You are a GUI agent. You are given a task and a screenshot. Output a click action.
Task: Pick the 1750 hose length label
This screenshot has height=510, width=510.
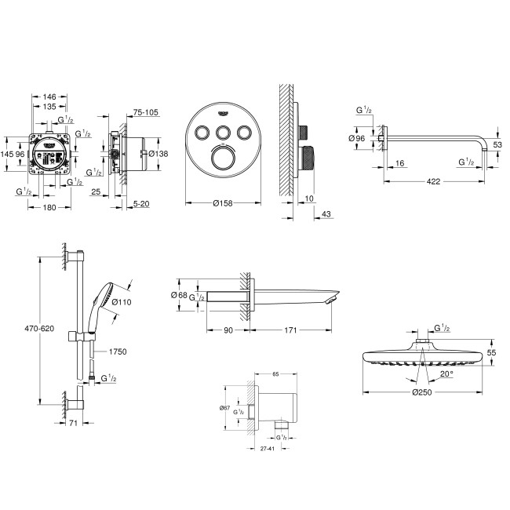click(x=118, y=352)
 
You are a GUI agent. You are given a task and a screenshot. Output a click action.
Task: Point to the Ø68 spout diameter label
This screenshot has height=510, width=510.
click(x=178, y=295)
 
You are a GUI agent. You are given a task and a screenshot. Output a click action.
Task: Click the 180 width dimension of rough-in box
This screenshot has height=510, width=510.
click(x=48, y=207)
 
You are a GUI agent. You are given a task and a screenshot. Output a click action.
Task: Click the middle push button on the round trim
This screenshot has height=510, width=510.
click(x=223, y=132)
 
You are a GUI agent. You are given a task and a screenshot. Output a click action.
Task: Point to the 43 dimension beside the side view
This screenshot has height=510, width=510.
click(x=326, y=214)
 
